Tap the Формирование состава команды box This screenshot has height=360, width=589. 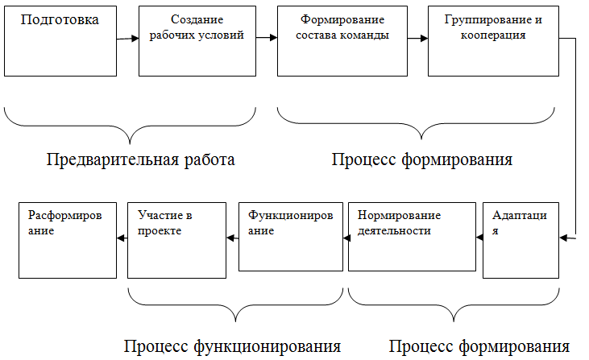click(342, 41)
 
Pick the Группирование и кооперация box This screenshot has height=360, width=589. click(492, 41)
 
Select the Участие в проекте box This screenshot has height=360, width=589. click(176, 238)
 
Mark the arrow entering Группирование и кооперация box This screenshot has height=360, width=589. click(417, 39)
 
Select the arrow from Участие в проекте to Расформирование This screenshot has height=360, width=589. click(122, 238)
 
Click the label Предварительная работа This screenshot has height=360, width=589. click(140, 159)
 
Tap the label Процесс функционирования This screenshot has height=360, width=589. click(232, 346)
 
